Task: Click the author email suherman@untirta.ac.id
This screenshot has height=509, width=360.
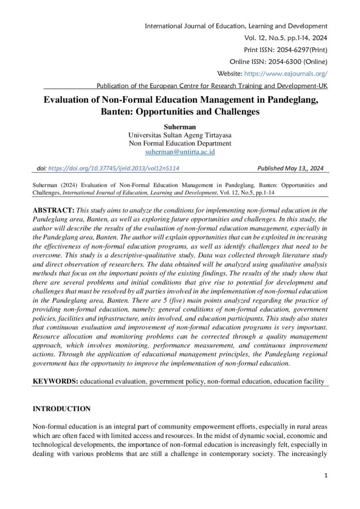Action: click(180, 152)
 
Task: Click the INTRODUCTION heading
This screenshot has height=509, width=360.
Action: click(62, 409)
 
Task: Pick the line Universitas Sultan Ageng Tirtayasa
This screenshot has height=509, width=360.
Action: click(180, 135)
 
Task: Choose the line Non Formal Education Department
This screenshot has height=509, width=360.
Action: click(180, 143)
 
